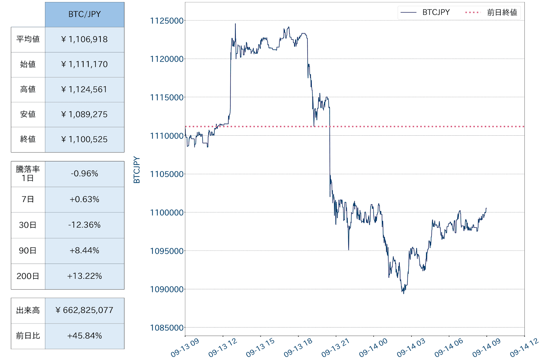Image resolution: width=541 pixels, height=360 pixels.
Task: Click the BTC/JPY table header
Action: click(85, 14)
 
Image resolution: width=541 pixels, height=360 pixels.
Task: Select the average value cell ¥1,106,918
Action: click(85, 39)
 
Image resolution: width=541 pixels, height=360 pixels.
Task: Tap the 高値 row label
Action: click(28, 89)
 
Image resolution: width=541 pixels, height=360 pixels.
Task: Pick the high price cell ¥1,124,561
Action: click(85, 89)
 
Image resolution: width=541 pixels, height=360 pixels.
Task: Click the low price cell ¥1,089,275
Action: click(85, 114)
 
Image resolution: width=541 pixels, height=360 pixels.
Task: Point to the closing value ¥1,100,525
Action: click(85, 139)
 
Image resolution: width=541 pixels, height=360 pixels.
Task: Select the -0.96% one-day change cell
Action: click(85, 174)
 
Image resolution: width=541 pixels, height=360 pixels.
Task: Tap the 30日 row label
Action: click(28, 225)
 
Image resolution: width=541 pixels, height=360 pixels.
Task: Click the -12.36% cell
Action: click(85, 225)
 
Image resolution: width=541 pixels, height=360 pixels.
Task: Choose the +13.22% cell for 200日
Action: click(85, 276)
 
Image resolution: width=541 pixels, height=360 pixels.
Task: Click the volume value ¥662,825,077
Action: click(85, 310)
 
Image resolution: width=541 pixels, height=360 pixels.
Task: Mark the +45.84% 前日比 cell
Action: click(85, 336)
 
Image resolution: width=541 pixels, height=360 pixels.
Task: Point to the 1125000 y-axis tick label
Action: click(167, 21)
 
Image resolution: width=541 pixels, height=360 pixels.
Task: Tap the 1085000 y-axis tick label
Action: click(167, 328)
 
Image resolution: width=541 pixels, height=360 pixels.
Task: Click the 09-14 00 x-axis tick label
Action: click(373, 348)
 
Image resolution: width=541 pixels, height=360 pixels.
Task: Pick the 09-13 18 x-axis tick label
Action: click(298, 348)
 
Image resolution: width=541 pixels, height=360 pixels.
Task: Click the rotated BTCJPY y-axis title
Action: click(137, 170)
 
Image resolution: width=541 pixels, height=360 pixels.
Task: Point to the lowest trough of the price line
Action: click(403, 293)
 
